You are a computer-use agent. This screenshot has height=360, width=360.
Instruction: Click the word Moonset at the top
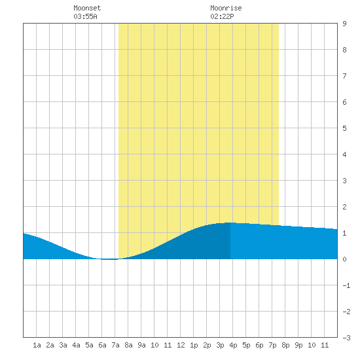[x=87, y=8]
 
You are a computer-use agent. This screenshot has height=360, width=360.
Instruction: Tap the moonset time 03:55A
[x=85, y=16]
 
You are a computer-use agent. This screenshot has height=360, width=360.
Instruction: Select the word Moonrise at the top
[x=226, y=8]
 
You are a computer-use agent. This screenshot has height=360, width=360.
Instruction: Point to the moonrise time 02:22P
[x=222, y=16]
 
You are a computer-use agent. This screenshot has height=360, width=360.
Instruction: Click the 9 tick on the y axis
[x=344, y=24]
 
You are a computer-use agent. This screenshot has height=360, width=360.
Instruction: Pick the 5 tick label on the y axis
[x=344, y=128]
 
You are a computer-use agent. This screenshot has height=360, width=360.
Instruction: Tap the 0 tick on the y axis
[x=344, y=259]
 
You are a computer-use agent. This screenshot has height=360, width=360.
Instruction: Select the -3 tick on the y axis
[x=346, y=338]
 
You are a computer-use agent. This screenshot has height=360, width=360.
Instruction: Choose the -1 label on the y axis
[x=346, y=285]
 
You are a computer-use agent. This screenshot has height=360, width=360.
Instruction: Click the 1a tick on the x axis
[x=37, y=345]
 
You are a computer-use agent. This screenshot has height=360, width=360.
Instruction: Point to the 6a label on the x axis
[x=102, y=345]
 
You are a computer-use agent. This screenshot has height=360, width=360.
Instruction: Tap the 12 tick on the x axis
[x=181, y=345]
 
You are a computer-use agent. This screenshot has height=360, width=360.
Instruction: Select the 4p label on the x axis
[x=233, y=345]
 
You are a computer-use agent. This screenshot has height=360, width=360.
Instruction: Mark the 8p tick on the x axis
[x=285, y=345]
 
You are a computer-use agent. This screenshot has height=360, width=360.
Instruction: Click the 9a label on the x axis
[x=141, y=345]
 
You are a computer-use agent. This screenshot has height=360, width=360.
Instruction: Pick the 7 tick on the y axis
[x=344, y=76]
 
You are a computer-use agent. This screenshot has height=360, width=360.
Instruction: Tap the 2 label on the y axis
[x=344, y=207]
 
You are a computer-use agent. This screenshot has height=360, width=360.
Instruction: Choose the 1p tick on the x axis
[x=194, y=345]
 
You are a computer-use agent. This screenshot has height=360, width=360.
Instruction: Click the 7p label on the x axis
[x=272, y=345]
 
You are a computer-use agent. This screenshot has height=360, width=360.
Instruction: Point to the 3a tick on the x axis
[x=63, y=345]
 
